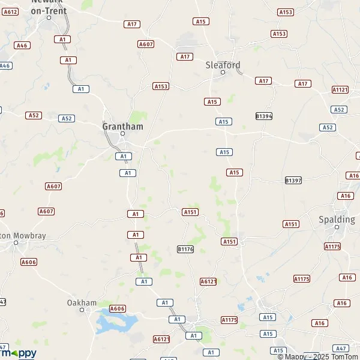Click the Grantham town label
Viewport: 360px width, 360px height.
(122, 127)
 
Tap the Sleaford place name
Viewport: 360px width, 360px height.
(223, 65)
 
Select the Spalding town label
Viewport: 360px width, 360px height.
(337, 220)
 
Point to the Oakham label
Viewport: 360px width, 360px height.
(81, 302)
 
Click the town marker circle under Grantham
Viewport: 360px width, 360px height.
(122, 134)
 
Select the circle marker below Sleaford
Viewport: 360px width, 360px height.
(223, 73)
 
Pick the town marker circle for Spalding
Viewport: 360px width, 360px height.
(337, 227)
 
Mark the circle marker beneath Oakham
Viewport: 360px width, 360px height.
(81, 310)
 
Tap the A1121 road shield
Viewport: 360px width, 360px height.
(340, 89)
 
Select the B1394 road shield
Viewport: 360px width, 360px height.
(263, 116)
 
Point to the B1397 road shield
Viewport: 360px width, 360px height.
(293, 180)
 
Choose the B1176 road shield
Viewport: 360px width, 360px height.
(185, 248)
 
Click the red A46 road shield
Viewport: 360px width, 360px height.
(22, 46)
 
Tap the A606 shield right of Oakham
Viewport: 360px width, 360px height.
(118, 308)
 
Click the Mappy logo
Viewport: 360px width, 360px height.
(18, 353)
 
